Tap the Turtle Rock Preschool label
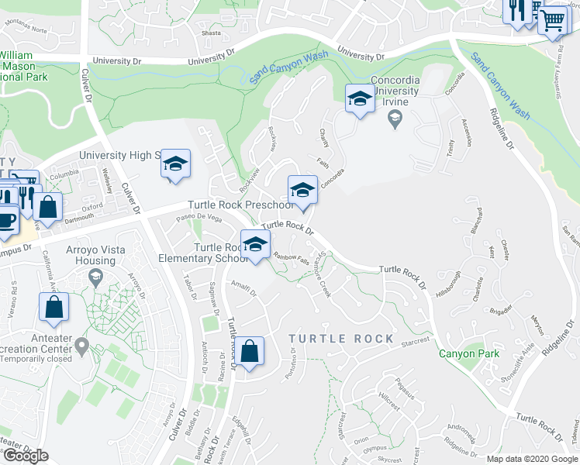click(240, 205)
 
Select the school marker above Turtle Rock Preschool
click(302, 189)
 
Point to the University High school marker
click(176, 164)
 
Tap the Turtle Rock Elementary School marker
click(255, 243)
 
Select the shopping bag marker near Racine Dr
click(250, 350)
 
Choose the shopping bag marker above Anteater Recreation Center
click(54, 307)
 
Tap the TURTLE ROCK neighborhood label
click(341, 339)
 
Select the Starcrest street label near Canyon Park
click(415, 341)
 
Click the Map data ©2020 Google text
click(531, 459)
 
